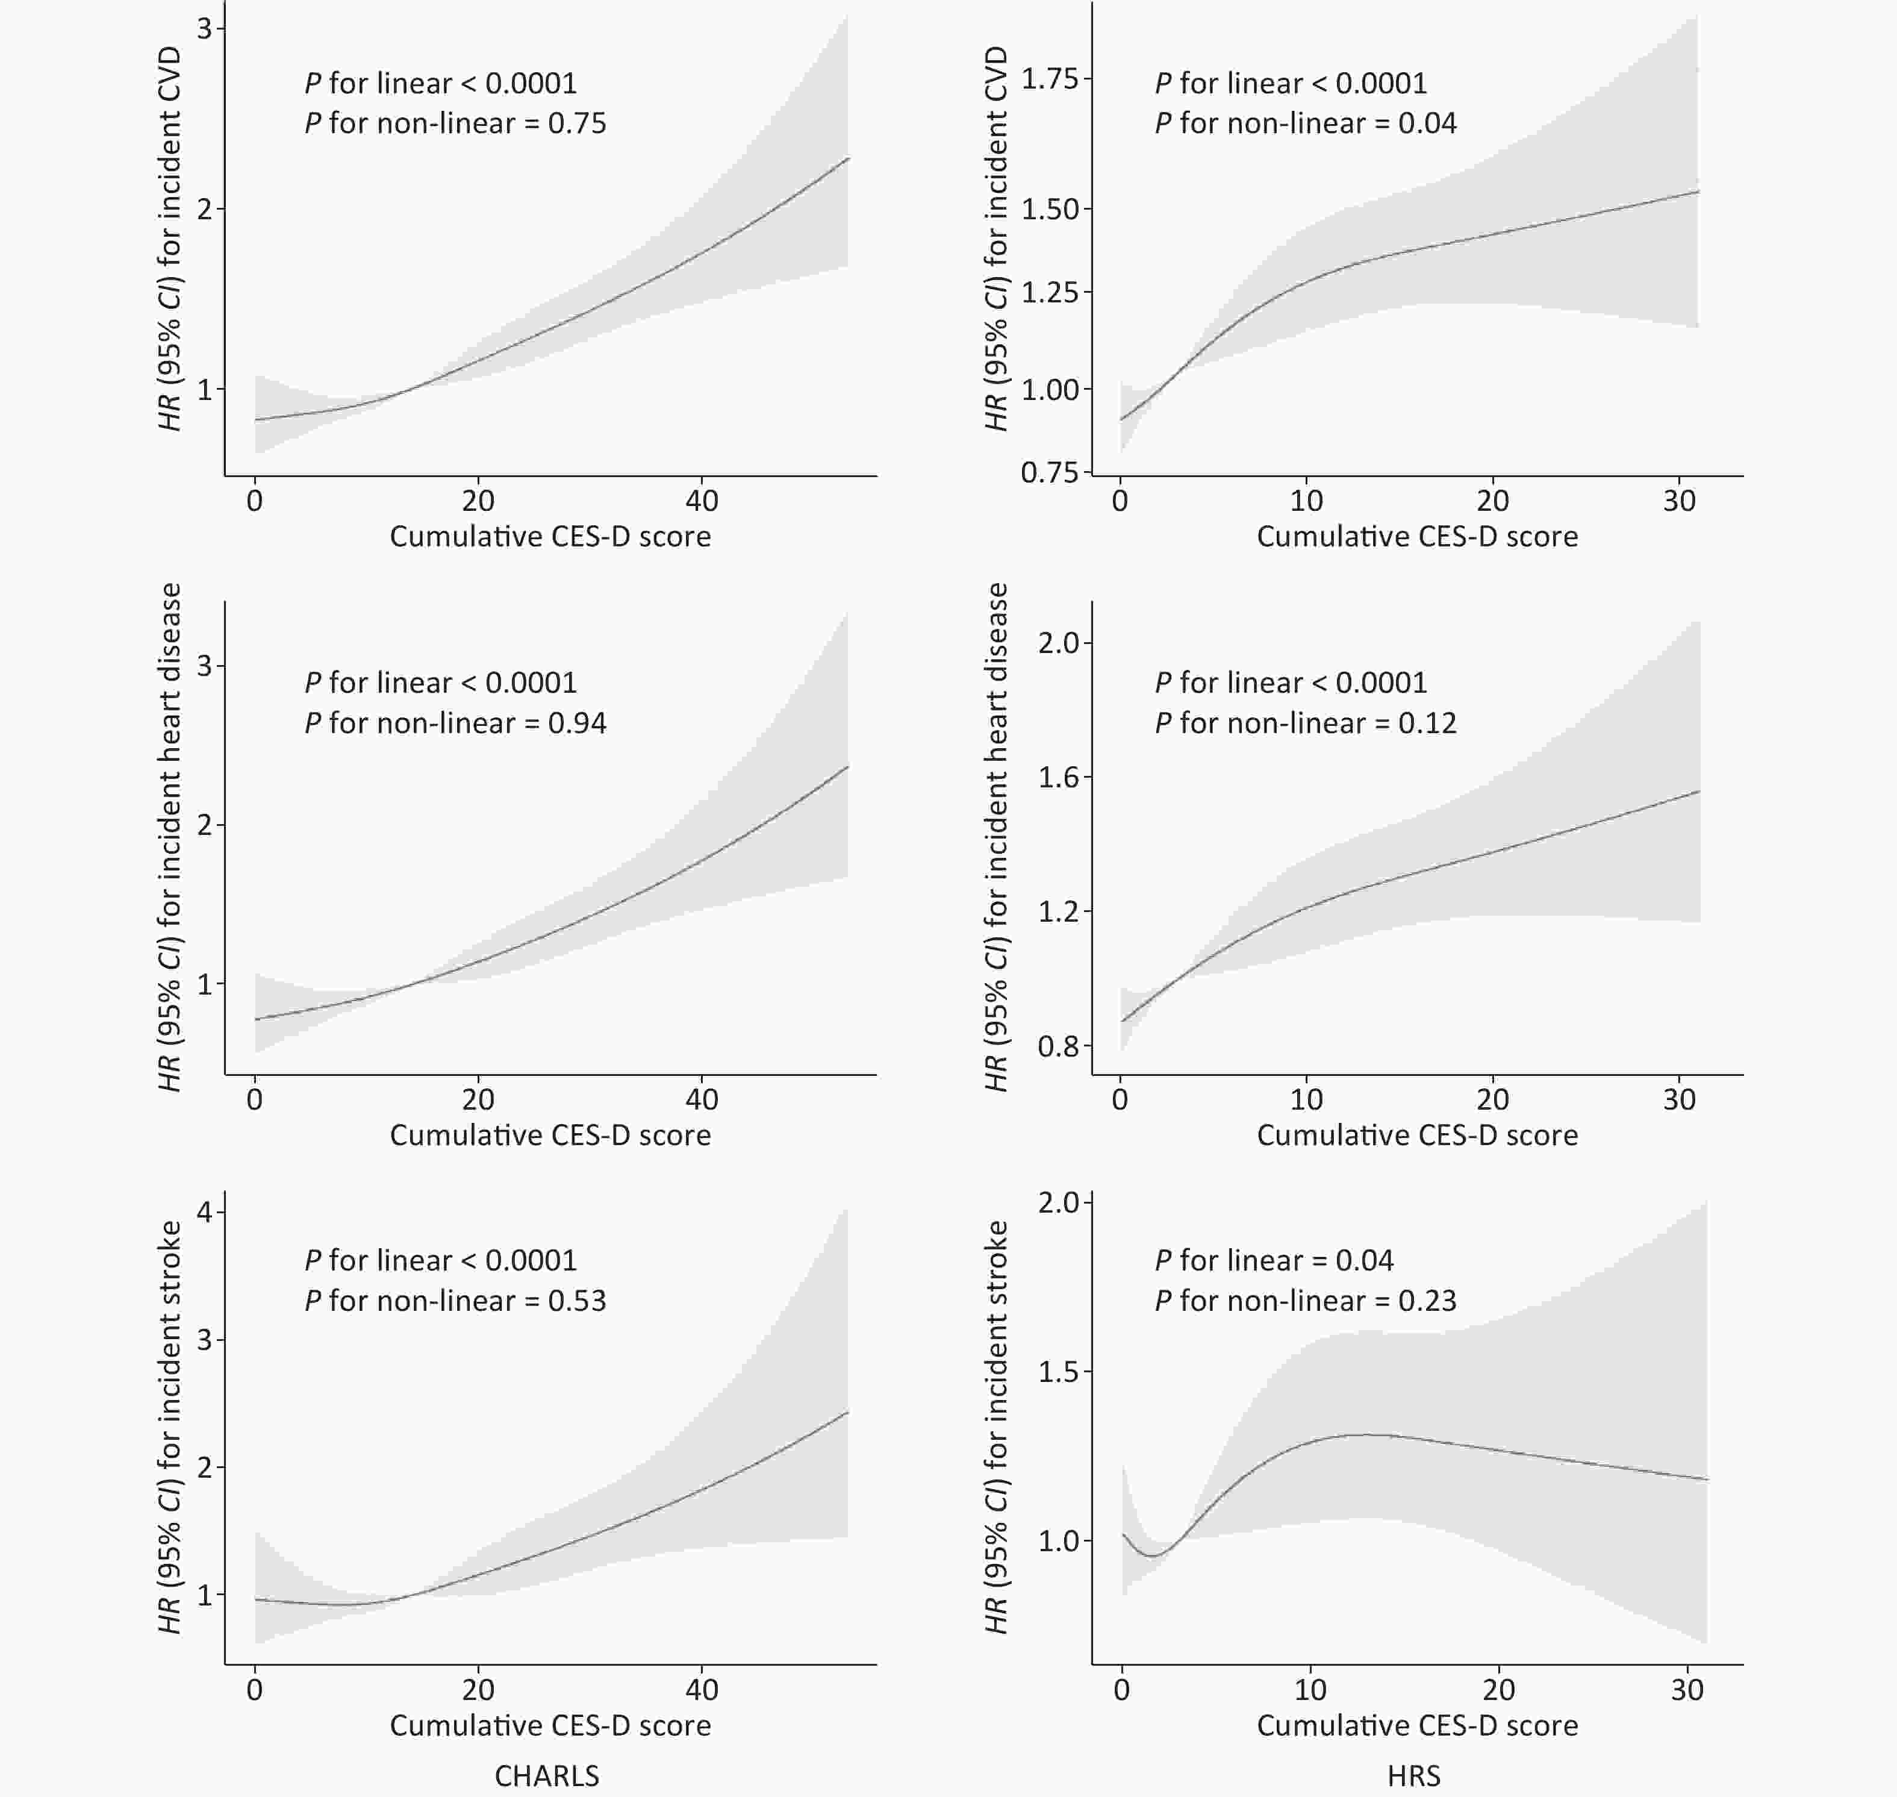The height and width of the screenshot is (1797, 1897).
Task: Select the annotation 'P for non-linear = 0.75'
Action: coord(456,123)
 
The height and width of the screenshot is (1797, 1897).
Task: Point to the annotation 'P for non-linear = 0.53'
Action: coord(456,1301)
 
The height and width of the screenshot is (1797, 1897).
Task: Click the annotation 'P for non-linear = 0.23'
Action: coord(1306,1301)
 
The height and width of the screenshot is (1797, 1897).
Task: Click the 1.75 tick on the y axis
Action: coord(1050,78)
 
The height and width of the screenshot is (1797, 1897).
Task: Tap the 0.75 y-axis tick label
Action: coord(1050,472)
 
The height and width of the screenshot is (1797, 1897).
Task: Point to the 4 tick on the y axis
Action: coord(205,1211)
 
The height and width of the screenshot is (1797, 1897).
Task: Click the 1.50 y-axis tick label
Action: coord(1050,210)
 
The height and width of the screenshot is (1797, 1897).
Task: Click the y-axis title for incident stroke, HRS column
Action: coord(997,1427)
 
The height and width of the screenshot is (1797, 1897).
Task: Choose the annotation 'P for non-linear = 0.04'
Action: coord(1306,123)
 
